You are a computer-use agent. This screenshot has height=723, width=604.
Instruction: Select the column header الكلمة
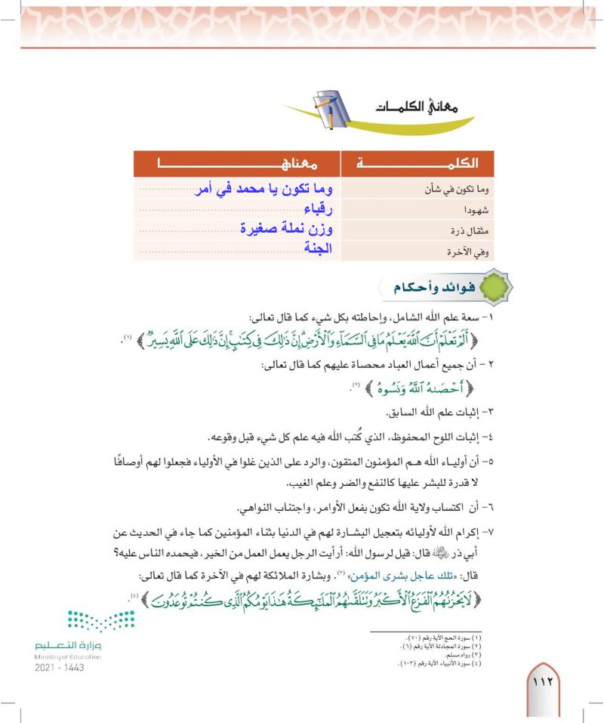(418, 163)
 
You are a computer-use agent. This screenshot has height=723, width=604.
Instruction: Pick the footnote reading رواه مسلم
(469, 654)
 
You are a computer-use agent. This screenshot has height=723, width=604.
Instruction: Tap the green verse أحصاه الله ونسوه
(430, 389)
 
